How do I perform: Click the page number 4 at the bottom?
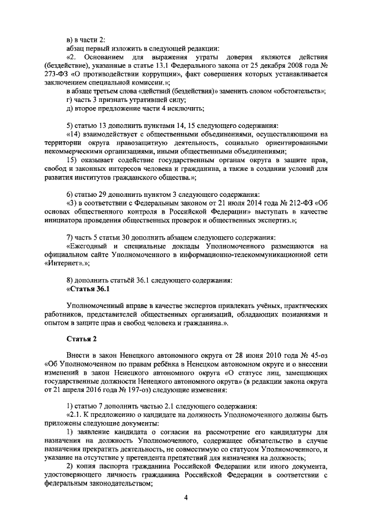click(186, 497)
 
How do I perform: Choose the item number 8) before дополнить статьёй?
click(70, 280)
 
